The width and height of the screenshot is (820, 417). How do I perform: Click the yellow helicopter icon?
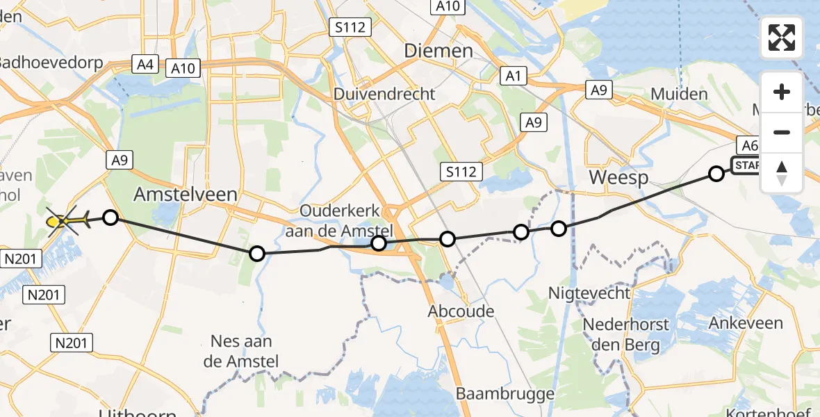[63, 222]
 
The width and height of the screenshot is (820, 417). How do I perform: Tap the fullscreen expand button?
[782, 38]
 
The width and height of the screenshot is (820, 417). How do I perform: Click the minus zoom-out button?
[782, 132]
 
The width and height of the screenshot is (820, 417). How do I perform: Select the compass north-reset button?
[782, 173]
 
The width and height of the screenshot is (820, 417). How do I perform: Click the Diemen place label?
[438, 51]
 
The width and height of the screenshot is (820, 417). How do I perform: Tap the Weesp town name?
[618, 178]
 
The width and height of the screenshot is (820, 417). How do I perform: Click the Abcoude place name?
[461, 311]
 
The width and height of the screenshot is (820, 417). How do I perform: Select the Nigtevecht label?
[589, 293]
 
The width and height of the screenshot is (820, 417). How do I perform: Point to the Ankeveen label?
[746, 322]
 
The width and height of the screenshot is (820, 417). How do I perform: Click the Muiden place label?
[679, 94]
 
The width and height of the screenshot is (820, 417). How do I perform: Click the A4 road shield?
[145, 65]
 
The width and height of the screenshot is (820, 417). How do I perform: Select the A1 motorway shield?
[513, 76]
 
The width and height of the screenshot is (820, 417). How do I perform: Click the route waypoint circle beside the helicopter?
[110, 218]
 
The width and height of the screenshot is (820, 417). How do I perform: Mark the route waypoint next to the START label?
[716, 174]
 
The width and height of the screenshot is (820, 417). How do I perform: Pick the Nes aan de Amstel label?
[241, 351]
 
